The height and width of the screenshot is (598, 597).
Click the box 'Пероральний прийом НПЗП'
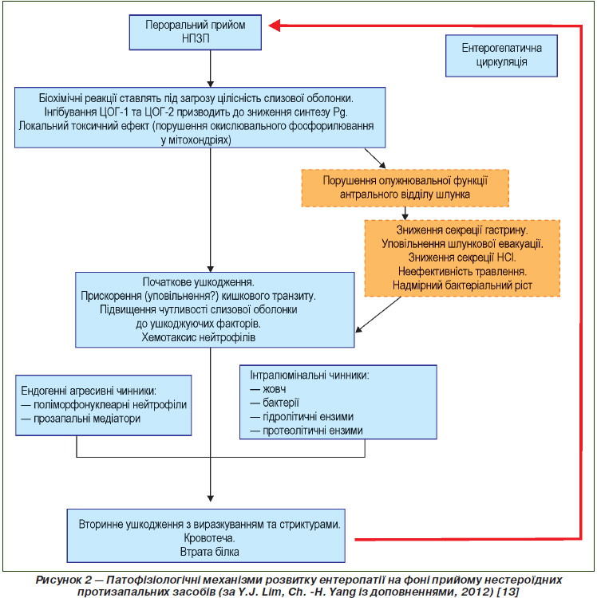click(195, 33)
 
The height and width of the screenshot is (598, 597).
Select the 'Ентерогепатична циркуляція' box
click(501, 56)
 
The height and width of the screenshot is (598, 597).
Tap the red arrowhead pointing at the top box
click(275, 26)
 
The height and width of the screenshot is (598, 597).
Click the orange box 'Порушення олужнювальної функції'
click(405, 188)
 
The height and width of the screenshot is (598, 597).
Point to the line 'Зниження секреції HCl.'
click(462, 258)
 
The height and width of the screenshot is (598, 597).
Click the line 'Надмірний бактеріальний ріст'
click(462, 285)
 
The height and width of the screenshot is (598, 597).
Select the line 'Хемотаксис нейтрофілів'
click(198, 337)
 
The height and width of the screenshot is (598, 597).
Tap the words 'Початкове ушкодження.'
click(198, 281)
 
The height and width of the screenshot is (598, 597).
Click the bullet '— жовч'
click(268, 389)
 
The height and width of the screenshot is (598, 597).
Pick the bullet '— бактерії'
click(275, 403)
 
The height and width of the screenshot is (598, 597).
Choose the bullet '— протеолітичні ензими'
click(306, 431)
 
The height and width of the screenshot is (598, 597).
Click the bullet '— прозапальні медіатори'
click(81, 419)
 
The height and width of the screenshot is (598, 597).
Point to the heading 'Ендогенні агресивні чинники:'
click(89, 391)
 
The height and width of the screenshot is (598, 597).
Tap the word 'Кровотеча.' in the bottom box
click(209, 538)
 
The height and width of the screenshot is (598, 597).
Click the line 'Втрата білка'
click(209, 552)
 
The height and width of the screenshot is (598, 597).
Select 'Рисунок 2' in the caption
click(63, 580)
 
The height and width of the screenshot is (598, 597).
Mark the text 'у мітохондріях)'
click(196, 140)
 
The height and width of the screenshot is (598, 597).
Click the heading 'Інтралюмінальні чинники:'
click(310, 376)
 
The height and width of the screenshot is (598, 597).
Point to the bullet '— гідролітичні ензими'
click(302, 416)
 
